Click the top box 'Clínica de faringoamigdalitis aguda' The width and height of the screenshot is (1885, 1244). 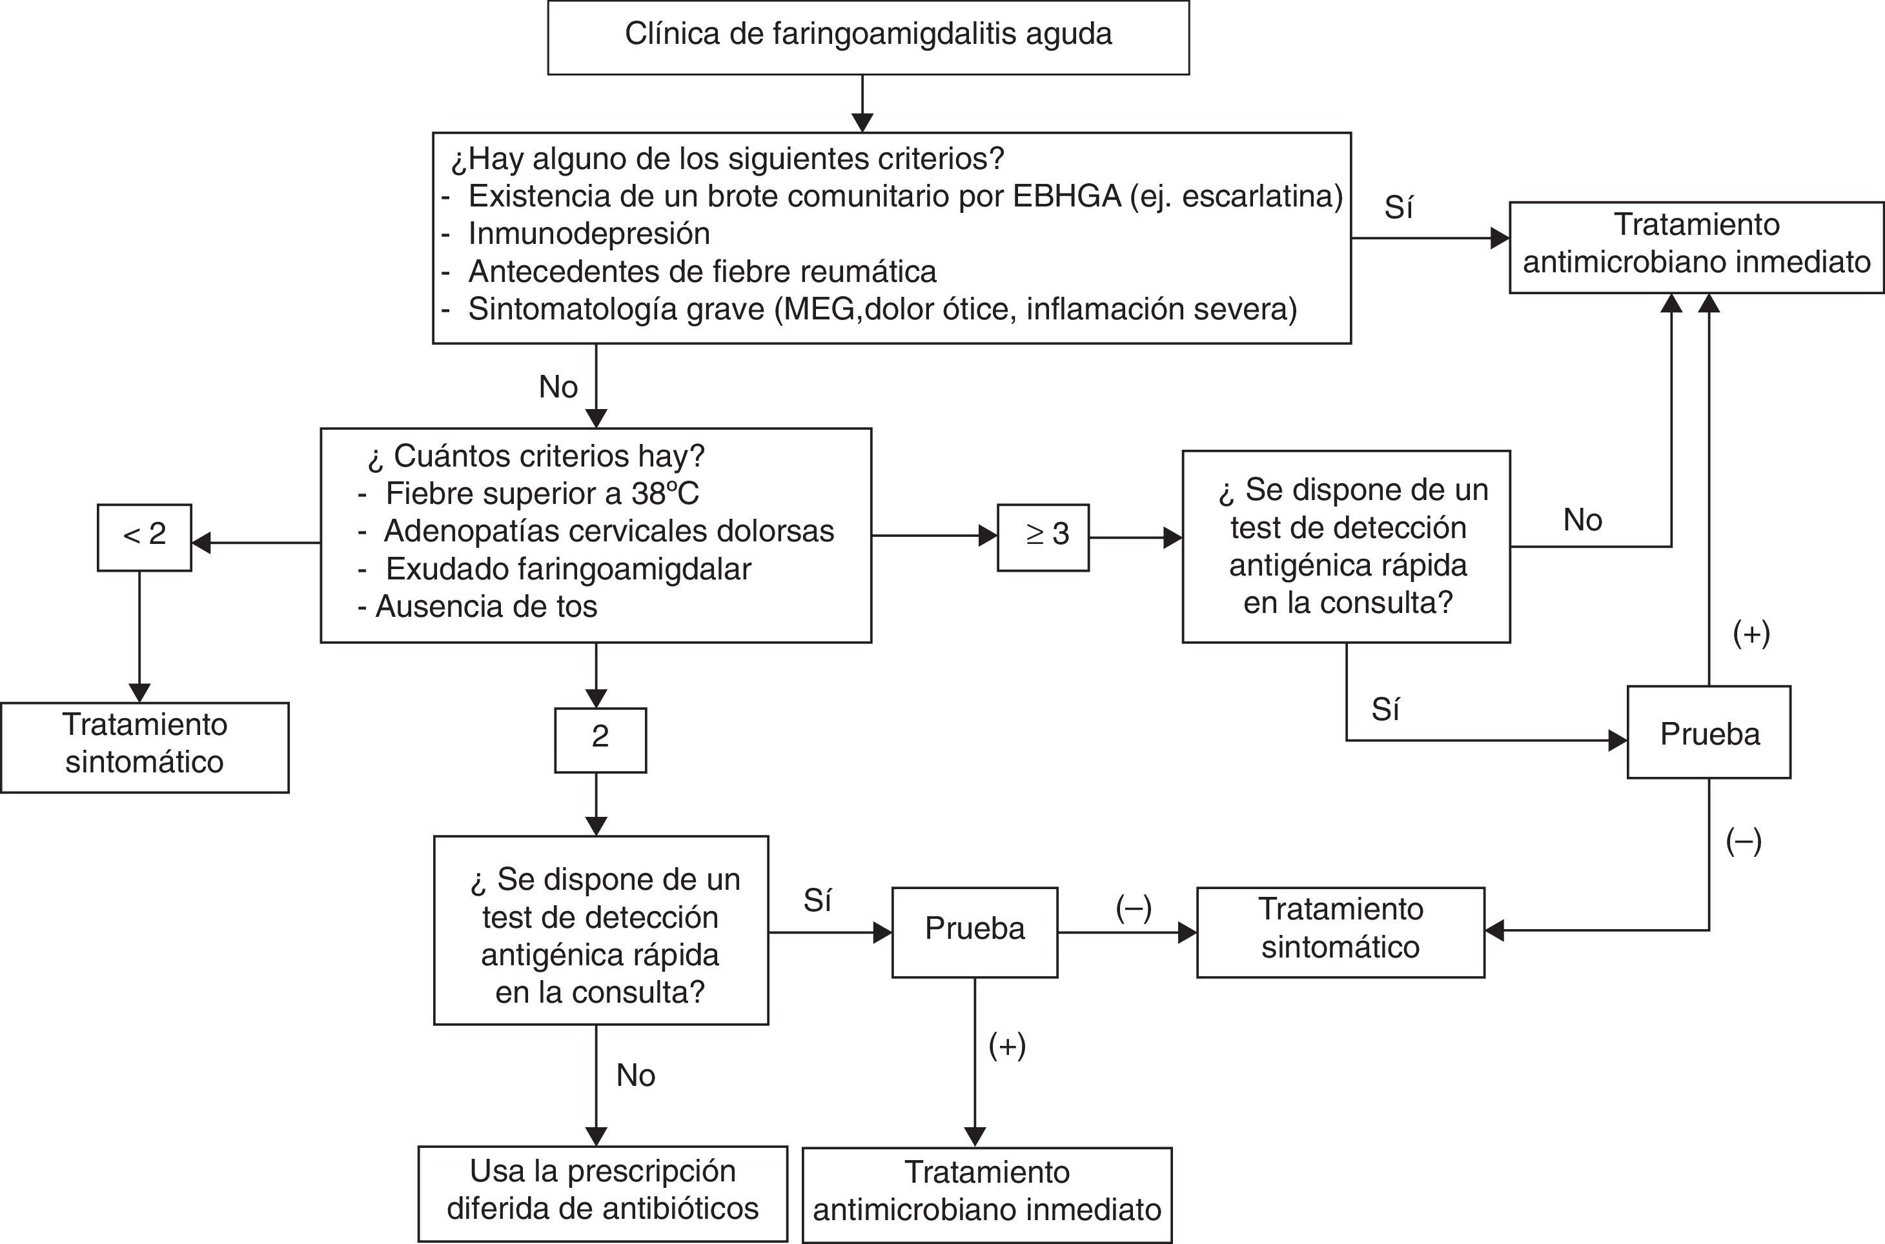[868, 37]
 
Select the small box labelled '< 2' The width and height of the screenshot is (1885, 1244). [145, 536]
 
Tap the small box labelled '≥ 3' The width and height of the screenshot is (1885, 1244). [1043, 536]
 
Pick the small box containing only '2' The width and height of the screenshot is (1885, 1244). [600, 739]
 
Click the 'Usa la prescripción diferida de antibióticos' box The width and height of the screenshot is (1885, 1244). [602, 1192]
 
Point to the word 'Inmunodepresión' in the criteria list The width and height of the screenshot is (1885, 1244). [589, 234]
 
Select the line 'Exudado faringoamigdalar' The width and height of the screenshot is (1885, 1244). [567, 569]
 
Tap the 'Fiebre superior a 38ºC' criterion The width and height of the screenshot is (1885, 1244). [542, 494]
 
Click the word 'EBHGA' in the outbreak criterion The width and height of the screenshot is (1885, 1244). [1066, 196]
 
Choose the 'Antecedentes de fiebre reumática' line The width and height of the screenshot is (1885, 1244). [702, 272]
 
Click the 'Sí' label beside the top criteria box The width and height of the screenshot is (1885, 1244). [1398, 208]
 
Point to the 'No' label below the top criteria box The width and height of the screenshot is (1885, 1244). [558, 387]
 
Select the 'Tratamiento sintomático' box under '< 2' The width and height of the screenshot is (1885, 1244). [145, 746]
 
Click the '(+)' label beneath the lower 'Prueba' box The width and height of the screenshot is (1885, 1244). [1007, 1047]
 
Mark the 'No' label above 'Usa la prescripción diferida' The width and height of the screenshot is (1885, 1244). [636, 1076]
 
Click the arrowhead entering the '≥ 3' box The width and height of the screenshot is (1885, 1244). [988, 536]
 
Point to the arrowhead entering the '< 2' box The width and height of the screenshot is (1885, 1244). [201, 543]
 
